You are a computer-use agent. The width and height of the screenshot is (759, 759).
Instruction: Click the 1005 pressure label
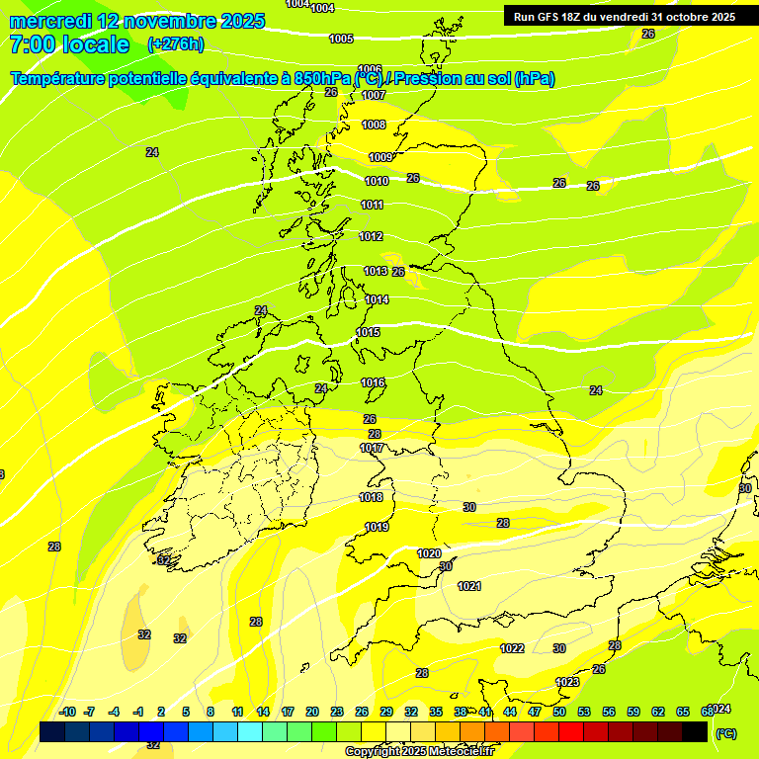pyautogui.click(x=341, y=39)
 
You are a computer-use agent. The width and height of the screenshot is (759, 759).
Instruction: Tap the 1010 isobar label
pyautogui.click(x=377, y=181)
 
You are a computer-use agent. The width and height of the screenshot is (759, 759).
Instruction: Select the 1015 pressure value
pyautogui.click(x=369, y=332)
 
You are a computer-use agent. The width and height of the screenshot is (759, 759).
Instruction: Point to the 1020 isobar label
pyautogui.click(x=429, y=553)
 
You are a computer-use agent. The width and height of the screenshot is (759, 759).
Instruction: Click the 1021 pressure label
pyautogui.click(x=469, y=586)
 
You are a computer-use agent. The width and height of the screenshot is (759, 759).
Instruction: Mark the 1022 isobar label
pyautogui.click(x=512, y=648)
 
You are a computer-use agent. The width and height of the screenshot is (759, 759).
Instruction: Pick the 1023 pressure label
pyautogui.click(x=567, y=682)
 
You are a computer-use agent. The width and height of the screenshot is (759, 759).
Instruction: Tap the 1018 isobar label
pyautogui.click(x=372, y=497)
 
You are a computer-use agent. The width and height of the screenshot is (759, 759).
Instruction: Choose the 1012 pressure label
pyautogui.click(x=372, y=236)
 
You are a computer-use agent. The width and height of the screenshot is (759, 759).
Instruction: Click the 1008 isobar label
pyautogui.click(x=374, y=125)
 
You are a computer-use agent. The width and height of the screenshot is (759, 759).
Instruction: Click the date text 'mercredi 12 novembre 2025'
pyautogui.click(x=137, y=21)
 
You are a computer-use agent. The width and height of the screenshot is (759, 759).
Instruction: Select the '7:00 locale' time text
pyautogui.click(x=69, y=44)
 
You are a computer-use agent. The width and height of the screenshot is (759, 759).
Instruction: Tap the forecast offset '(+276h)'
pyautogui.click(x=176, y=43)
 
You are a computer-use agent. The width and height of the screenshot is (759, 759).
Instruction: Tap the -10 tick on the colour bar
pyautogui.click(x=67, y=712)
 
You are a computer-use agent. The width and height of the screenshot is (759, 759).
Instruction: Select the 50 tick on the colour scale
pyautogui.click(x=559, y=712)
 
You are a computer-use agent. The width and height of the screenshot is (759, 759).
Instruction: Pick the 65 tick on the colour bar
pyautogui.click(x=683, y=712)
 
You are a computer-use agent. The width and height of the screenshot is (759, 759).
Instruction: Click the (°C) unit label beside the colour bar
pyautogui.click(x=725, y=733)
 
